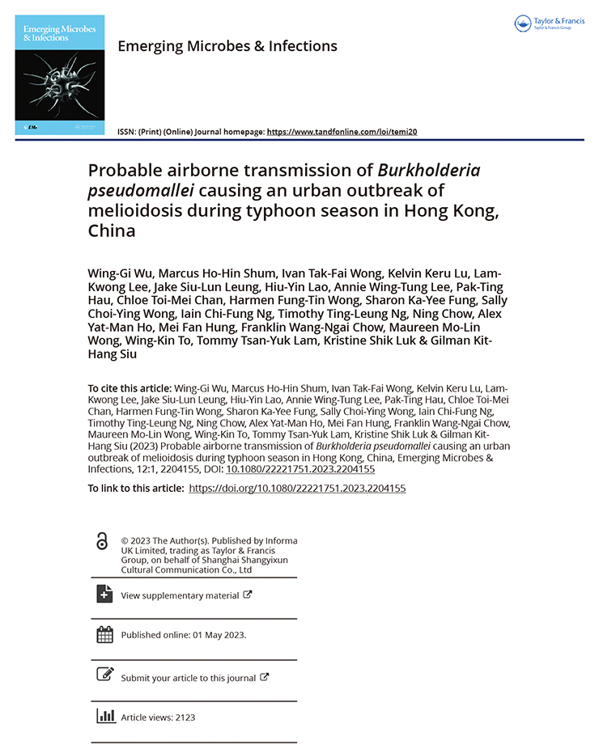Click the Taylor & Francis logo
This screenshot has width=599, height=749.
point(548,24)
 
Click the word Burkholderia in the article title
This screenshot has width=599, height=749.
point(429,171)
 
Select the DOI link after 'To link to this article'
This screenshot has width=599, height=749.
point(297,489)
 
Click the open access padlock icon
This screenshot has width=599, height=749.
point(102,542)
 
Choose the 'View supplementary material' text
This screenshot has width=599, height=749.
point(180,595)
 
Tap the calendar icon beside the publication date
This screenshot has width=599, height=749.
point(104,635)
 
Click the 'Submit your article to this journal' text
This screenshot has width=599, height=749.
point(188,678)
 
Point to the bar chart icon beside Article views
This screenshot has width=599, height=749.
point(104,716)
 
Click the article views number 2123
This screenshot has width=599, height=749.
point(184,717)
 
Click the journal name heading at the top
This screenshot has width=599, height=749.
point(227,46)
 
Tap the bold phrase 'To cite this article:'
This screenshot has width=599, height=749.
point(130,388)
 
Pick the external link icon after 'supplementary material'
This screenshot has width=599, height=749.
point(248,595)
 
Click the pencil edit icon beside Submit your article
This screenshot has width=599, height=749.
point(104,674)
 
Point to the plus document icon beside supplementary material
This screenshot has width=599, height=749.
point(104,593)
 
